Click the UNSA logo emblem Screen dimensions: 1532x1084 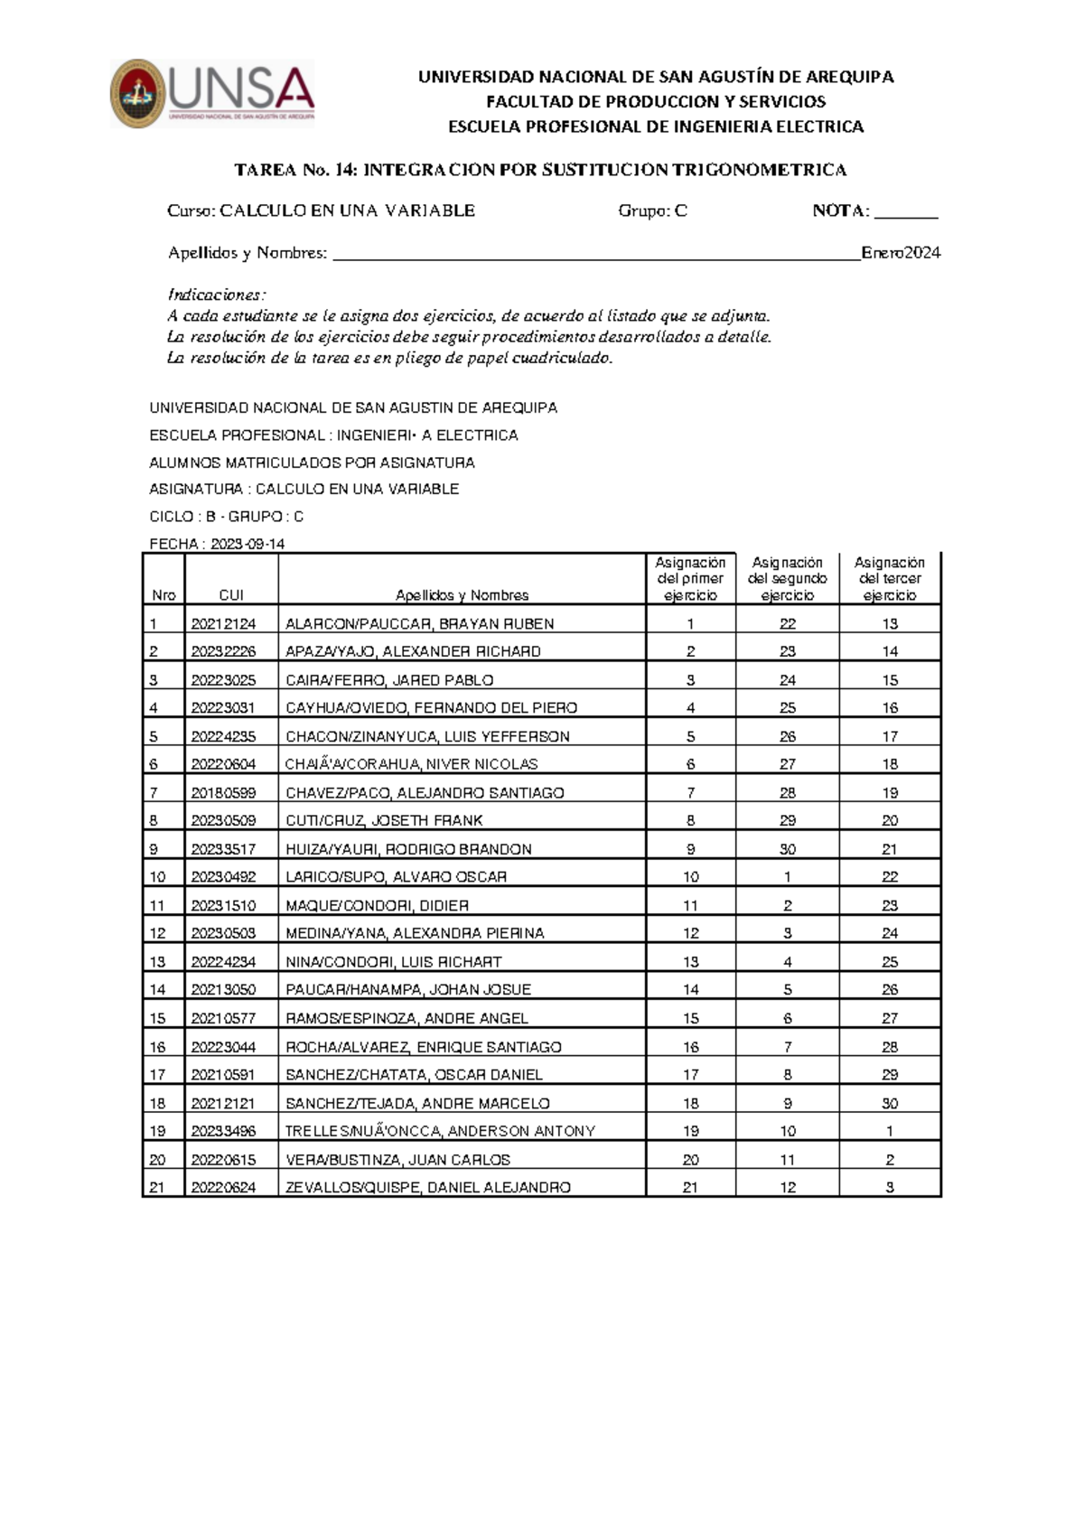pos(138,94)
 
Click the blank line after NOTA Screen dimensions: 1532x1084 pos(906,216)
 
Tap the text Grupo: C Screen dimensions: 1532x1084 pos(652,210)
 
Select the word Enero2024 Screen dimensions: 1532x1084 pos(901,253)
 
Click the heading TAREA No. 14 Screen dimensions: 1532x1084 pos(540,170)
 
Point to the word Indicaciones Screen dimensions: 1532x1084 pos(217,294)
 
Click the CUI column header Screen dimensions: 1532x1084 pos(231,595)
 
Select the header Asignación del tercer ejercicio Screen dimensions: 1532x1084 pos(890,579)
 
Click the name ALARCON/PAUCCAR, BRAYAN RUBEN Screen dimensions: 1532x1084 pos(419,623)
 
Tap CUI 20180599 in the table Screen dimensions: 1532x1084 pos(223,792)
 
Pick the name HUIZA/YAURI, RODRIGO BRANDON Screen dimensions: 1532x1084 pos(408,849)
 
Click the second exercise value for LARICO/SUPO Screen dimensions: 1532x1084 pos(788,876)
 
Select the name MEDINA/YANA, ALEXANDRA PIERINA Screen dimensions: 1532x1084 pos(415,933)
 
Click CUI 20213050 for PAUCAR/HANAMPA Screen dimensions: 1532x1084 pos(223,989)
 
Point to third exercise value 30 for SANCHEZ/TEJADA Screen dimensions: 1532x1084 pos(890,1103)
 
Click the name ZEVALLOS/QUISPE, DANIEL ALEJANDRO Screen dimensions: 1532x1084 pos(427,1187)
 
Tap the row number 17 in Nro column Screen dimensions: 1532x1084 pos(157,1074)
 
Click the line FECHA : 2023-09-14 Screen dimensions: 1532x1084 pos(217,544)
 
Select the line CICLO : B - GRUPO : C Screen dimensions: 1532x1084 pos(226,517)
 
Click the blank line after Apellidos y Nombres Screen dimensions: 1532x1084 pos(596,256)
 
